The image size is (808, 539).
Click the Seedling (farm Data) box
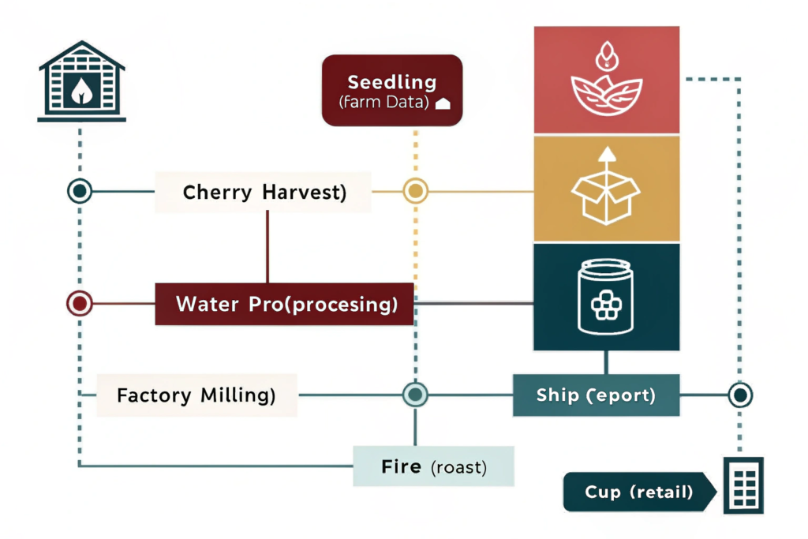click(x=391, y=90)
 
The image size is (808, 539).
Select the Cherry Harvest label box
click(x=264, y=192)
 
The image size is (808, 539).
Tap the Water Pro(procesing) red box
click(x=285, y=304)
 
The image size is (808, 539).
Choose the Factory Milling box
click(x=196, y=395)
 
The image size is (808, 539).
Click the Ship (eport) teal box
click(x=596, y=395)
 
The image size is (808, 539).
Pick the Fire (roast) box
click(x=433, y=466)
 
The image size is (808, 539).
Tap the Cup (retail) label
click(x=639, y=492)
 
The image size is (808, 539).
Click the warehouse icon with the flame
click(x=81, y=83)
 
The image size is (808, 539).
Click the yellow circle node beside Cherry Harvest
click(x=415, y=191)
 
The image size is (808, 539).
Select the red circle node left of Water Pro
click(x=80, y=303)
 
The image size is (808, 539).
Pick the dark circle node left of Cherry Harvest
click(x=80, y=191)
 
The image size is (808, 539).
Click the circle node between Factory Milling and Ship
click(x=415, y=394)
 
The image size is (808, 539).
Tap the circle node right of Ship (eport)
click(x=739, y=395)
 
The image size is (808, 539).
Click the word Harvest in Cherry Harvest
click(x=303, y=192)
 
